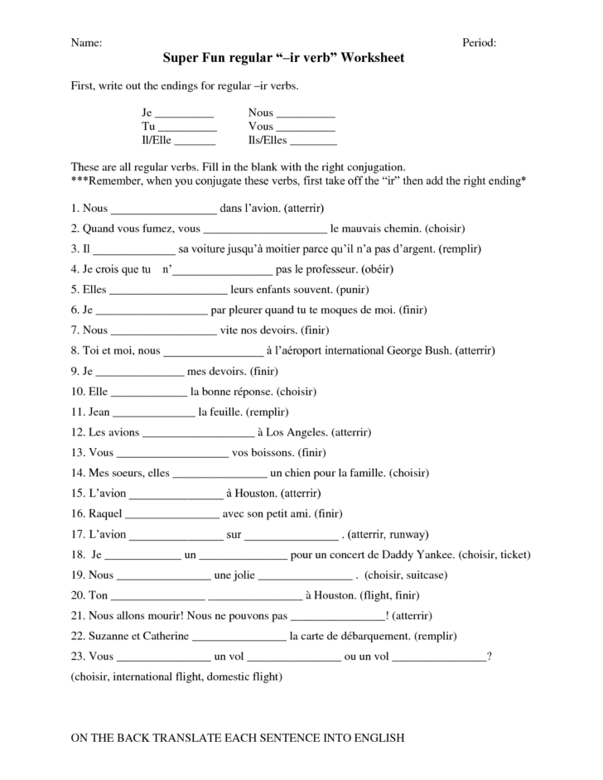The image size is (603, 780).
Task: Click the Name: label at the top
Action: [x=86, y=42]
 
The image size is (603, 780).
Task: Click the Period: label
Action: [x=479, y=42]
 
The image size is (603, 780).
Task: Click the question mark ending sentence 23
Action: [x=490, y=656]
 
